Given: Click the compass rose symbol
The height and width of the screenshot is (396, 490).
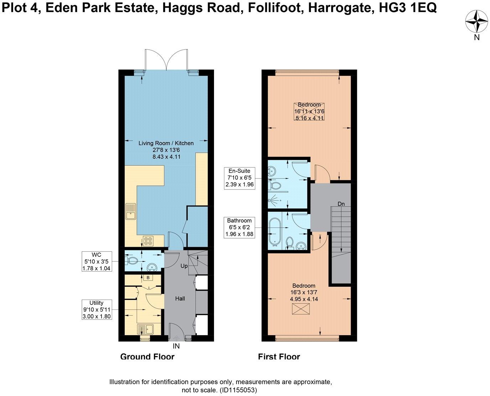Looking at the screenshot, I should click(477, 22).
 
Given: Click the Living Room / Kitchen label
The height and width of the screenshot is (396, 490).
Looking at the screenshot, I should click(166, 143).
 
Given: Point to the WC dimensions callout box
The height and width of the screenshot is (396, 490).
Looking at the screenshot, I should click(97, 261).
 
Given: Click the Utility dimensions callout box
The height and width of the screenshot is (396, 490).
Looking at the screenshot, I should click(97, 309).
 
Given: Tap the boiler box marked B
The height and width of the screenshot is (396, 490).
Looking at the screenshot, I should click(148, 277).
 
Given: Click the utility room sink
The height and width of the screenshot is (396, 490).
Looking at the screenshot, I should click(145, 329).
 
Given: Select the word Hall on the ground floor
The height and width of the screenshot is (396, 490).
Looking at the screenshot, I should click(180, 298).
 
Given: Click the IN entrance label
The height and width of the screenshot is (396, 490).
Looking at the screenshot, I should click(176, 346).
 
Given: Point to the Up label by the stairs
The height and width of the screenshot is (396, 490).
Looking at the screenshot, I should click(184, 266).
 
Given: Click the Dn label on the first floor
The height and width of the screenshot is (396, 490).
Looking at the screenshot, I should click(341, 204).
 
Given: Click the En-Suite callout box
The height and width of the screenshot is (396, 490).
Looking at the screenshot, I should click(239, 178).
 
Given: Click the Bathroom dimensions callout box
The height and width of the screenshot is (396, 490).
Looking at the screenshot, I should click(239, 227).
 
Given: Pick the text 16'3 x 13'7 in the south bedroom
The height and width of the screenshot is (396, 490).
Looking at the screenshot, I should click(304, 292).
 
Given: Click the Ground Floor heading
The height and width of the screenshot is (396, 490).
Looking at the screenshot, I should click(147, 356).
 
